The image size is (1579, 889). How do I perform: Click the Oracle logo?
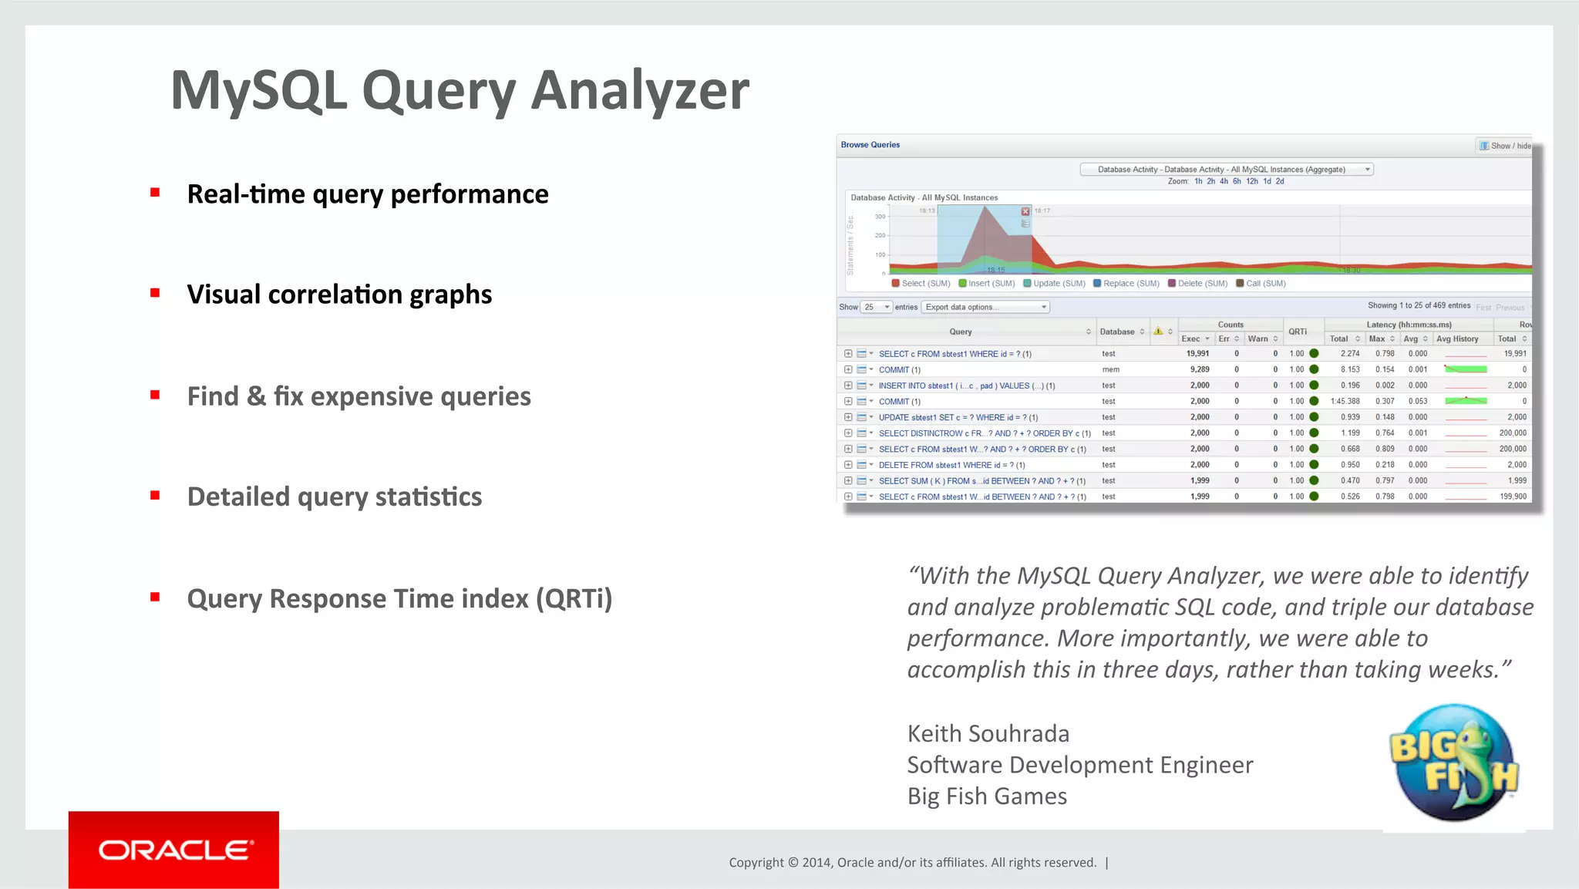pyautogui.click(x=174, y=850)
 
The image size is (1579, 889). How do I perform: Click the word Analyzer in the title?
pyautogui.click(x=640, y=91)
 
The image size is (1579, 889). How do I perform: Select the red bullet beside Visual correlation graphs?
pyautogui.click(x=155, y=293)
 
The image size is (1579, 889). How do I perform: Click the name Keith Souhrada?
pyautogui.click(x=988, y=733)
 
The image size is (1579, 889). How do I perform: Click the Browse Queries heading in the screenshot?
pyautogui.click(x=870, y=145)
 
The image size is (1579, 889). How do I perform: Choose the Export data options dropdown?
pyautogui.click(x=985, y=307)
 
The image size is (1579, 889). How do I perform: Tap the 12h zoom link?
pyautogui.click(x=1252, y=182)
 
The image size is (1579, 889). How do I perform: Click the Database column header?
pyautogui.click(x=1116, y=332)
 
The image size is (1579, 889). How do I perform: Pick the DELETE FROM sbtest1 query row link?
pyautogui.click(x=951, y=465)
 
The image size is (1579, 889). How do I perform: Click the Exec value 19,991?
pyautogui.click(x=1197, y=354)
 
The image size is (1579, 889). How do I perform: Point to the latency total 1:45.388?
pyautogui.click(x=1345, y=402)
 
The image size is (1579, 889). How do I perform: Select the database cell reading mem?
pyautogui.click(x=1110, y=370)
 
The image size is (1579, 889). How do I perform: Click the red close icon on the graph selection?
pyautogui.click(x=1025, y=211)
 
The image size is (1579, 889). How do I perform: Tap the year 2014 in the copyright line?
pyautogui.click(x=816, y=863)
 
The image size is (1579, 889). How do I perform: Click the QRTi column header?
pyautogui.click(x=1298, y=332)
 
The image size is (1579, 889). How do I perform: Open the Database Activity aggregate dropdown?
pyautogui.click(x=1226, y=170)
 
